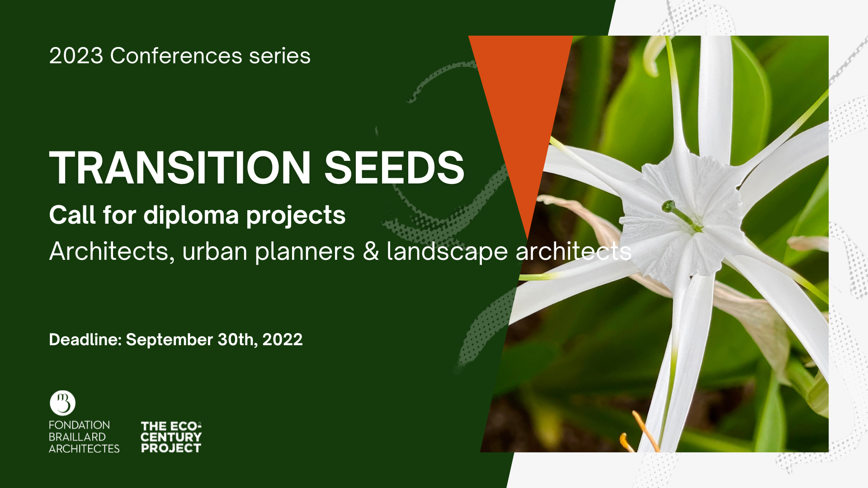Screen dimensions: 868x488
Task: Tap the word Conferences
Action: click(176, 56)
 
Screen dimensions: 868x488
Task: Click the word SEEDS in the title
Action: click(394, 168)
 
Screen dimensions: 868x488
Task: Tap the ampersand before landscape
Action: click(371, 252)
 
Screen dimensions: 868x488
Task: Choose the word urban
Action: click(215, 252)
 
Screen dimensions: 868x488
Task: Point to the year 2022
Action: click(283, 340)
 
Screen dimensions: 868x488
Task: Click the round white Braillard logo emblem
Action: click(62, 403)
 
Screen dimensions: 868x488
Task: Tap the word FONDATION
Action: click(80, 425)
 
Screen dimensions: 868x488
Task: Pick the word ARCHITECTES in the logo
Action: click(84, 449)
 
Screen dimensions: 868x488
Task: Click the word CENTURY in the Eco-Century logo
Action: click(171, 437)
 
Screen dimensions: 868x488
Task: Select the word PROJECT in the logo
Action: click(171, 448)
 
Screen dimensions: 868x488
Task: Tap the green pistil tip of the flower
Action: click(668, 207)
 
